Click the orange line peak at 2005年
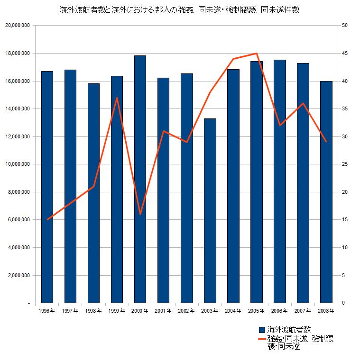[256, 54]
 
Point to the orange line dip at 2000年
[140, 214]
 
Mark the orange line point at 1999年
[117, 98]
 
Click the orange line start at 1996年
[47, 219]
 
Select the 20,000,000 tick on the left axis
[17, 25]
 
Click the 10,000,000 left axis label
[17, 164]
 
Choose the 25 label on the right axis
[344, 164]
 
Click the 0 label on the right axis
[343, 303]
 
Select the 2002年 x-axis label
[186, 311]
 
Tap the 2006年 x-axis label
[279, 311]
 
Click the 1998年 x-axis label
[93, 311]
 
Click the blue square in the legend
[261, 329]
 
